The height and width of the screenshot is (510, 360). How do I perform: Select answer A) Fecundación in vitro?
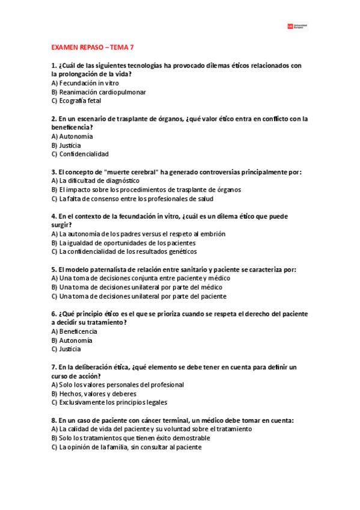click(x=85, y=83)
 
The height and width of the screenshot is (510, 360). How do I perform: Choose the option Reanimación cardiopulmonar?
click(x=99, y=92)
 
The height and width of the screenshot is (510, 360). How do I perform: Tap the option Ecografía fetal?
click(x=76, y=101)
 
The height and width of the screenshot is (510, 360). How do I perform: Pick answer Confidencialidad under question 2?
click(x=80, y=154)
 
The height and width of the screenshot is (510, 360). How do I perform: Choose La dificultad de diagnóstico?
click(x=96, y=180)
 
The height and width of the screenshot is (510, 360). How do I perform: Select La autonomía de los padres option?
click(x=138, y=234)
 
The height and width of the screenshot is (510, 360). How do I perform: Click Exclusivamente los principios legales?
click(x=109, y=402)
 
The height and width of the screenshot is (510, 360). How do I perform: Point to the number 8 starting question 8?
click(x=53, y=420)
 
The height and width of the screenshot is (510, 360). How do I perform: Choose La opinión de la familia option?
click(x=126, y=447)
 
